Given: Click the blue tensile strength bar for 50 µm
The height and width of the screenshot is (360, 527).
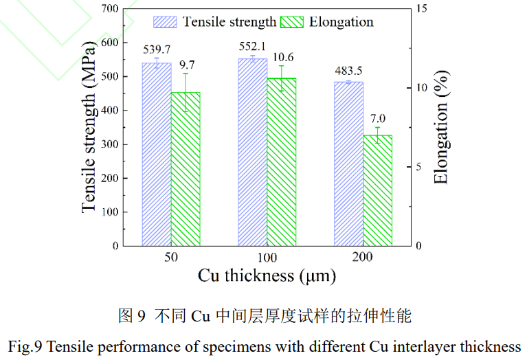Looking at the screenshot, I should pos(156,155).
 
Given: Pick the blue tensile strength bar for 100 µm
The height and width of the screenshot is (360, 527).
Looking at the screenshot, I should pos(252,153).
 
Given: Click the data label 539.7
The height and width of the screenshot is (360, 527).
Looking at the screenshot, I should pos(157,49).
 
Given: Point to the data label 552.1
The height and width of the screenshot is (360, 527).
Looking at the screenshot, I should pos(252,45).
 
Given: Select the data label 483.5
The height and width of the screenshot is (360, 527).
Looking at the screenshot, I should pos(348,70).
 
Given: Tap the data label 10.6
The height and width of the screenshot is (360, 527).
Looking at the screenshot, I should pos(282,56).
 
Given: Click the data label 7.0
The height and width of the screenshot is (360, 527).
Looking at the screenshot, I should pos(377,117).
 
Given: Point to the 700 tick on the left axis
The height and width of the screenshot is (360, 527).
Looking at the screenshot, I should pos(109,9).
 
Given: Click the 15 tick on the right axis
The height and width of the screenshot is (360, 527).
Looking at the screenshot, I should pos(421,9).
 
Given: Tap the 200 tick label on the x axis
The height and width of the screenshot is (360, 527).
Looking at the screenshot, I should pos(362,257).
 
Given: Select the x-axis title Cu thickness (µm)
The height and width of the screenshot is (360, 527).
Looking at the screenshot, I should pos(267,276).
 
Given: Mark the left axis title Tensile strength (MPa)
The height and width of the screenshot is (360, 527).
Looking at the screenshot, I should pos(89,126).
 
